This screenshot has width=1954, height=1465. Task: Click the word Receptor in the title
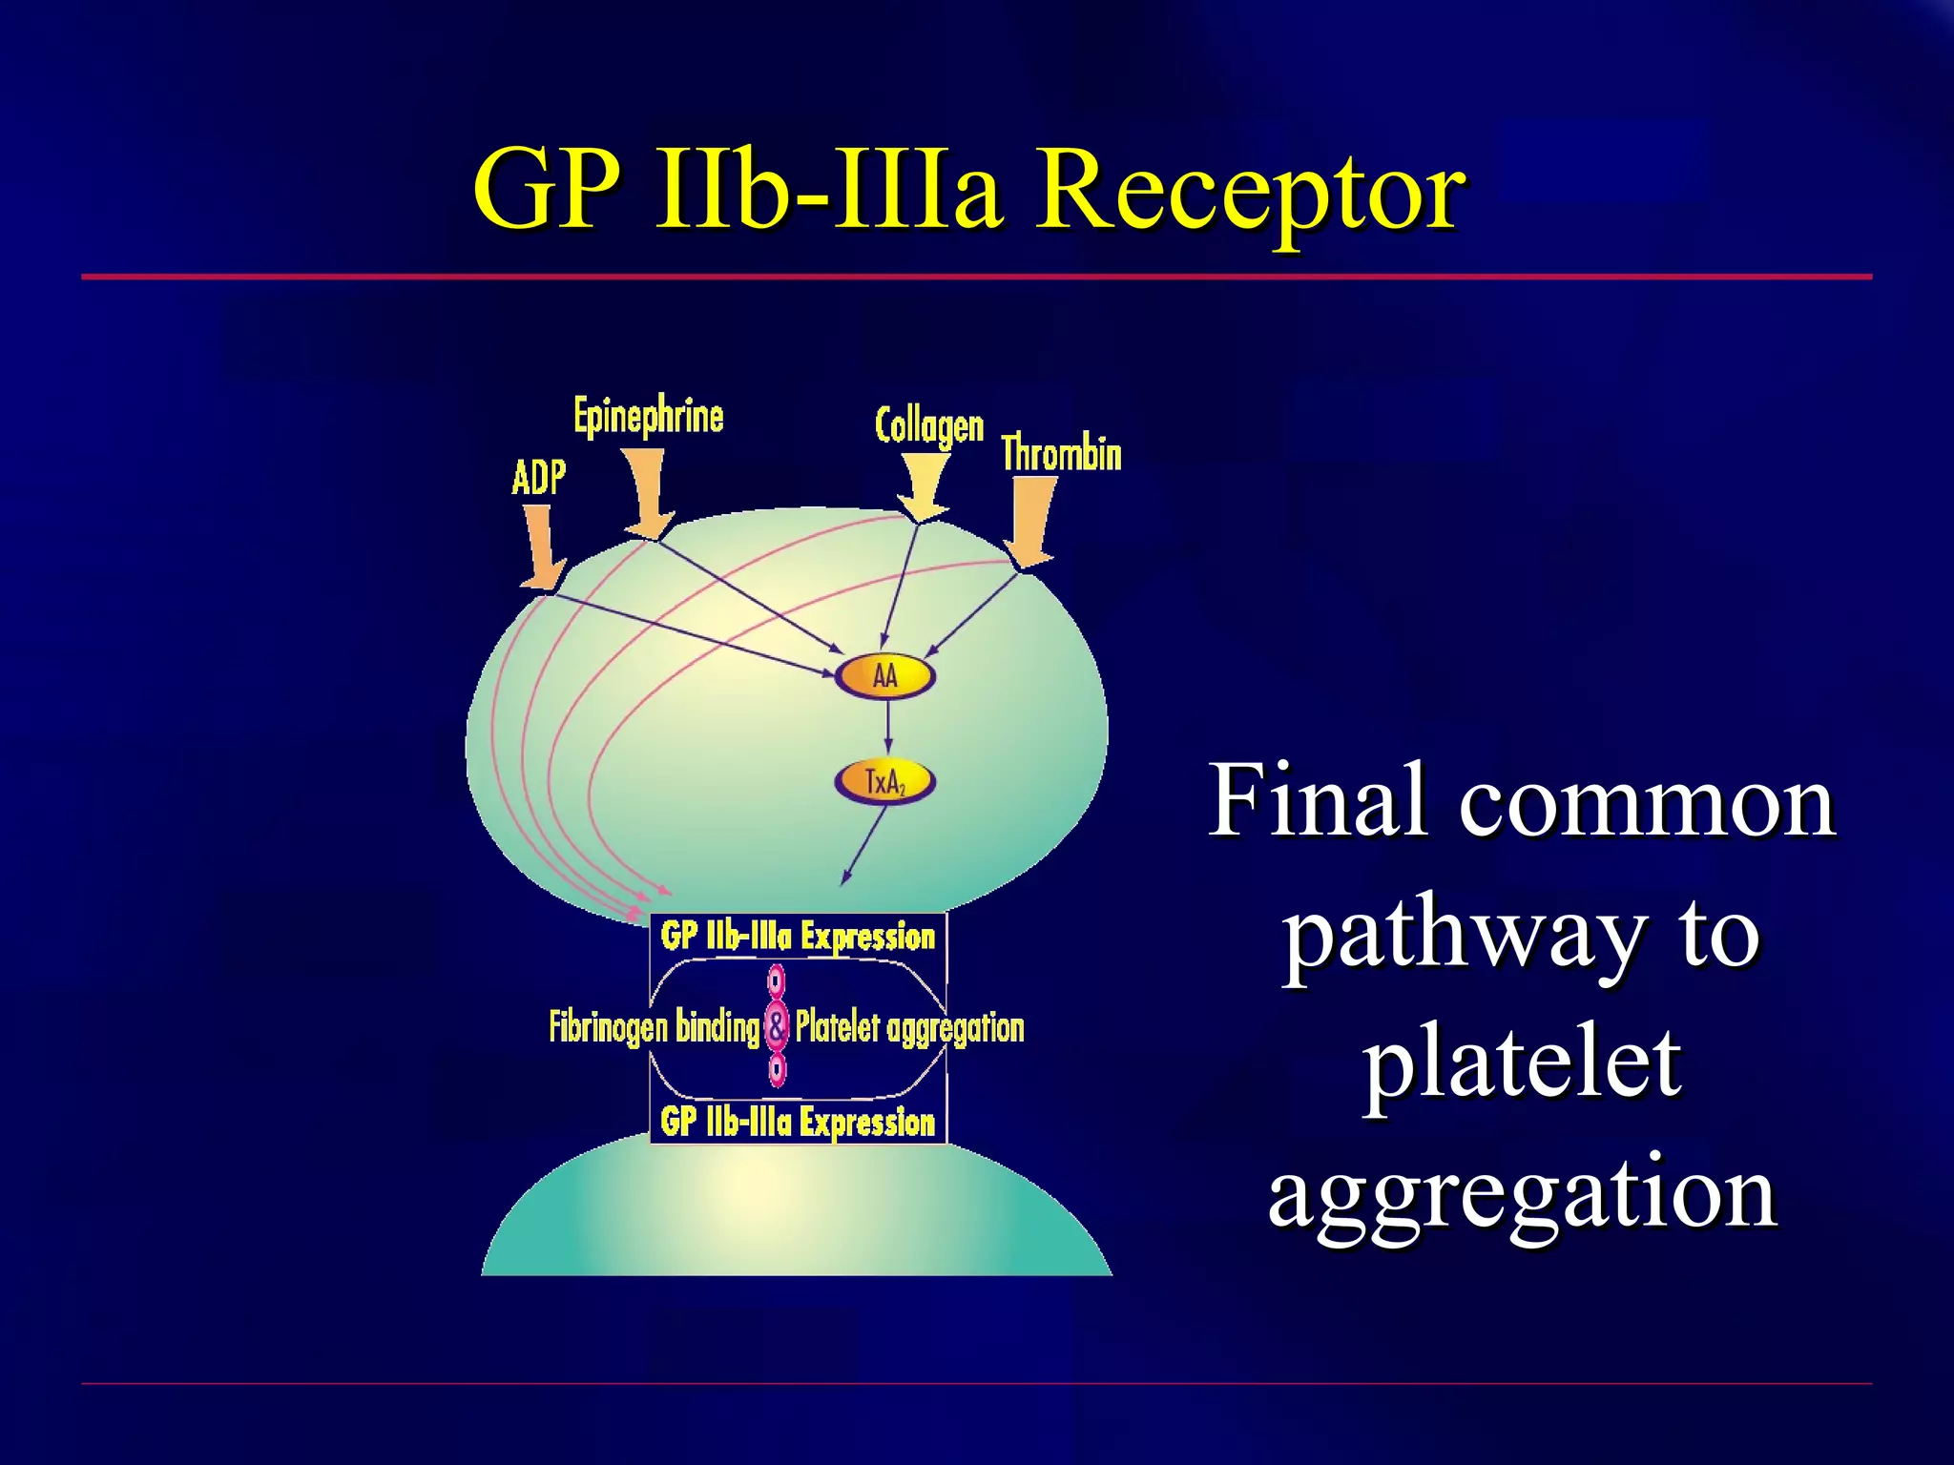point(1250,191)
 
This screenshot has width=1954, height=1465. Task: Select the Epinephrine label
point(649,417)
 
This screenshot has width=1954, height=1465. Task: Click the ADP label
point(539,477)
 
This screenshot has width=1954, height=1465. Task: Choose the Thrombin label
point(1061,453)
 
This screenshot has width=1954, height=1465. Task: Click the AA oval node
point(885,676)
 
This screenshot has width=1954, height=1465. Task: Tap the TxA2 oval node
point(884,782)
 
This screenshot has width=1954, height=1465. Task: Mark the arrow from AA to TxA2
point(888,730)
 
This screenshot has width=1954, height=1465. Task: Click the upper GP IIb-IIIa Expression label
point(798,936)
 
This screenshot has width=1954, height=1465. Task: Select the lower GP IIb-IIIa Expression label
point(798,1122)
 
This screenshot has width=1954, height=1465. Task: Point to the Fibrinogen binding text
point(655,1027)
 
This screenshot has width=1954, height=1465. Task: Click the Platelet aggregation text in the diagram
point(909,1027)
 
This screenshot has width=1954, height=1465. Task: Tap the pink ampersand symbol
point(778,1026)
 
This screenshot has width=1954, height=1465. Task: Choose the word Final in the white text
point(1318,801)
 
